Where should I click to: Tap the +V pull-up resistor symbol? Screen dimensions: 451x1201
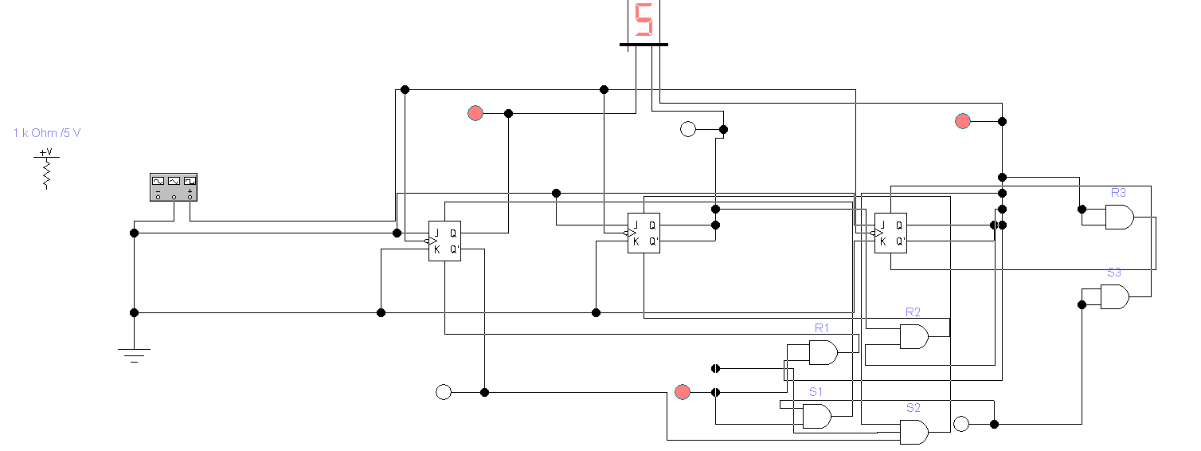pos(46,169)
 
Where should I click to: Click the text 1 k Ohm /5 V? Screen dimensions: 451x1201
pos(47,133)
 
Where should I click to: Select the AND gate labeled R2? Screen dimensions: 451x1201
pos(913,336)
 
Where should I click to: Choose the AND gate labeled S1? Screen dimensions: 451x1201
pos(816,416)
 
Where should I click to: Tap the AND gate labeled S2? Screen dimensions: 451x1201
pos(913,432)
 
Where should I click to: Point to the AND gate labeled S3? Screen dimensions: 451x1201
pos(1114,296)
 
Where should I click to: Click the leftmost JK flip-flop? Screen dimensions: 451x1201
pos(444,241)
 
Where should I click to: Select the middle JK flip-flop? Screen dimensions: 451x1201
pos(644,233)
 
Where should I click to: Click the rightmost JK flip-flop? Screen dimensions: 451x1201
pos(890,233)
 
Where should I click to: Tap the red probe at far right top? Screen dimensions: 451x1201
pos(963,121)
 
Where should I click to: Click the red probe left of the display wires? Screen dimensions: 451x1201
pos(475,113)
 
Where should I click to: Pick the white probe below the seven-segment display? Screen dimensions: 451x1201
pos(688,129)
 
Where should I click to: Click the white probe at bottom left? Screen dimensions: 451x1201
pos(444,392)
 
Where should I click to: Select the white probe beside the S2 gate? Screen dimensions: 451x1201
pos(961,424)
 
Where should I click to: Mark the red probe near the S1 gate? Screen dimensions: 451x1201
pos(683,392)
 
